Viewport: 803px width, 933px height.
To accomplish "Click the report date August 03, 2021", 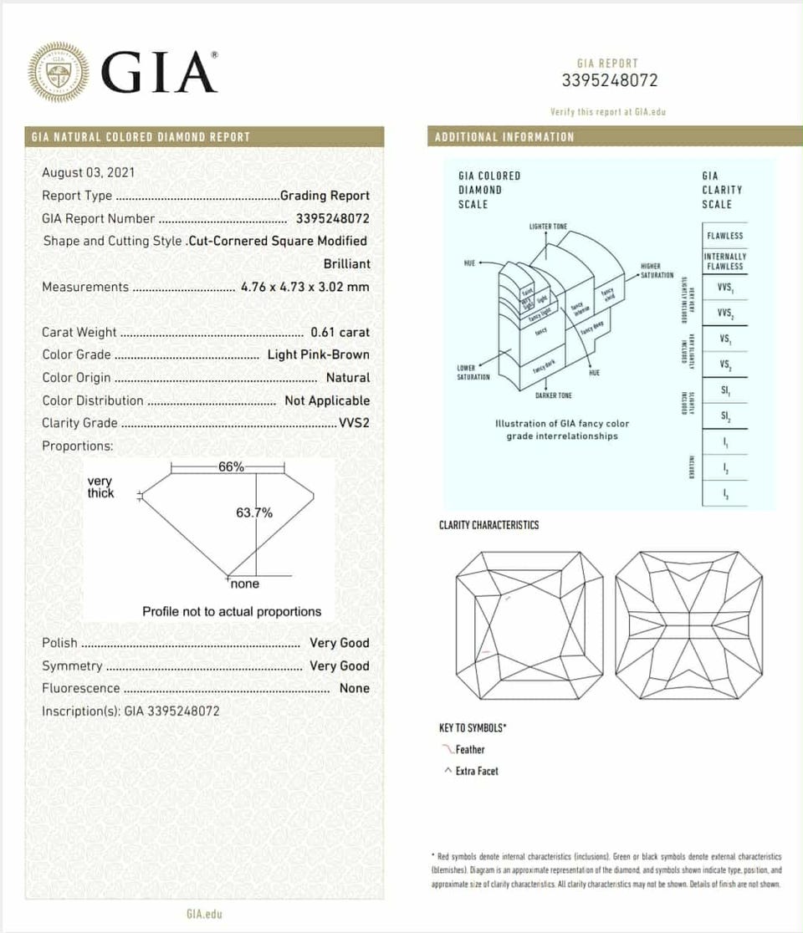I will point(89,172).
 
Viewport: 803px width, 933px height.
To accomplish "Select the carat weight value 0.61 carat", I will point(340,332).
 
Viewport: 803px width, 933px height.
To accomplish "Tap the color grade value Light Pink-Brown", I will point(318,354).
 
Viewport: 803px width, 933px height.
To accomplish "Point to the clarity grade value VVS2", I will point(354,423).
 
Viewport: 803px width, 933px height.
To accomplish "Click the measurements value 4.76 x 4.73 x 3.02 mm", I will point(304,287).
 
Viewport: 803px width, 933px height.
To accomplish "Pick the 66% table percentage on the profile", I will point(231,467).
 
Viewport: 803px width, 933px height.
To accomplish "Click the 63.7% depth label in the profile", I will point(254,512).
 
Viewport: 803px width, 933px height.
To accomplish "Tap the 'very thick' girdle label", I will point(100,487).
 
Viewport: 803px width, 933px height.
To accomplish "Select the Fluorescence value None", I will point(354,688).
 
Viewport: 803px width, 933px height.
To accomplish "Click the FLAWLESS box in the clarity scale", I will point(724,236).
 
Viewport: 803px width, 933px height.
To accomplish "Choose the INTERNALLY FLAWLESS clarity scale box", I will point(724,261).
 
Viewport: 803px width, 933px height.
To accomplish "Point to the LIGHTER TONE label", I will point(548,227).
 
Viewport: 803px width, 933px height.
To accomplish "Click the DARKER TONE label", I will point(554,395).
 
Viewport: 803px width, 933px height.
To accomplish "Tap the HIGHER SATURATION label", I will point(656,271).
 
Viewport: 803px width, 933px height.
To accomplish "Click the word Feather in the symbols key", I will point(470,750).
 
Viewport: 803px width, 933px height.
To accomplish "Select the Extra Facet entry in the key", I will point(477,771).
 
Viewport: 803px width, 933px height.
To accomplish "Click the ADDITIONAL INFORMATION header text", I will point(504,137).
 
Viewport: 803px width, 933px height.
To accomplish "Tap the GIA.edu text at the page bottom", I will point(204,914).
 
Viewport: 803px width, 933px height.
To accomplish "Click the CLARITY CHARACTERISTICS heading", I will point(488,525).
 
